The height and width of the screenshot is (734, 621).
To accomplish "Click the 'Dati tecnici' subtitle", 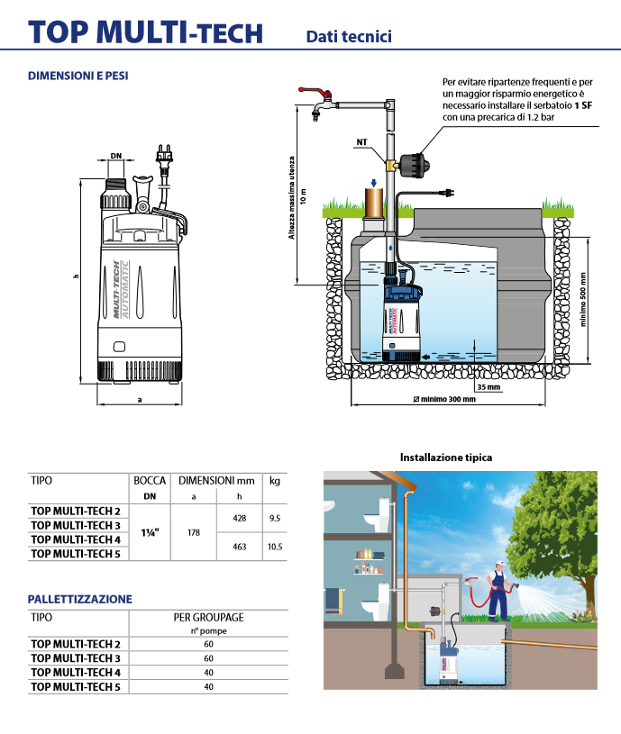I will tap(348, 36).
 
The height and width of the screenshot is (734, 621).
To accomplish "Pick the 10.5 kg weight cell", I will tap(274, 546).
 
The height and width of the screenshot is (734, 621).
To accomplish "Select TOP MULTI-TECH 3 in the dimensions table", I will tap(76, 525).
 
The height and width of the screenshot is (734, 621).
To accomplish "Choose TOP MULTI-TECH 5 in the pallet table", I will tap(76, 687).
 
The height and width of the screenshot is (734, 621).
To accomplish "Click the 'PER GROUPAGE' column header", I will tap(208, 618).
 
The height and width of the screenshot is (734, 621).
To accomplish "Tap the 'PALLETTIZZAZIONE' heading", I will tap(80, 599).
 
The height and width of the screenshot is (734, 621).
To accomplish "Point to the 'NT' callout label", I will tap(361, 142).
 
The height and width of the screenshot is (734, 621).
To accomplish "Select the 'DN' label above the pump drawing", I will tap(115, 156).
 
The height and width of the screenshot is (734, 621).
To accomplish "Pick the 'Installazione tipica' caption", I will tap(446, 458).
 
